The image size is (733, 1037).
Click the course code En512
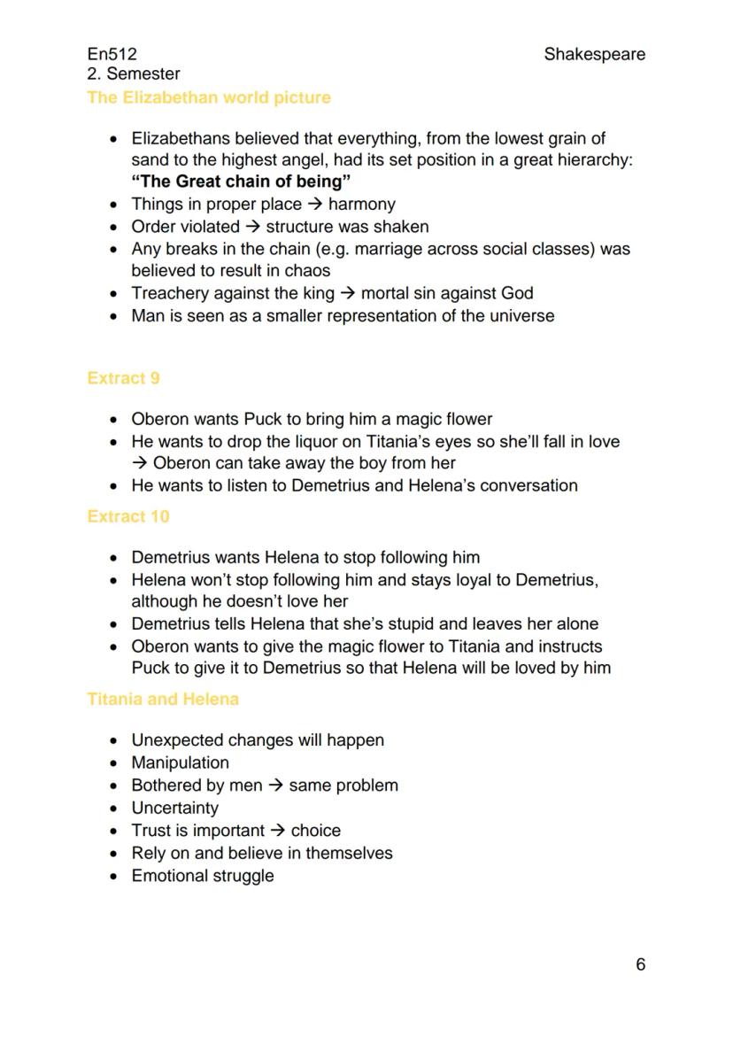(112, 55)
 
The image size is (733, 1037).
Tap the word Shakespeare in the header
(594, 55)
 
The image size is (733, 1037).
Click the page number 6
(640, 964)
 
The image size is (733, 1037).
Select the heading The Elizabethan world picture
(209, 97)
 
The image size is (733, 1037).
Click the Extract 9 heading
(123, 378)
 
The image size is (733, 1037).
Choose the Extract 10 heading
(127, 516)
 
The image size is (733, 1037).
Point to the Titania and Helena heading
(163, 700)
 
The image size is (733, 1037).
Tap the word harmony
(361, 205)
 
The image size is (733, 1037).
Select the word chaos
(305, 271)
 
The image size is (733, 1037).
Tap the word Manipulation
(180, 762)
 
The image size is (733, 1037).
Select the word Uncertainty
(174, 808)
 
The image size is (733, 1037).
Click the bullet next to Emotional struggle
(112, 877)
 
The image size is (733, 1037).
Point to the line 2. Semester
(134, 74)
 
